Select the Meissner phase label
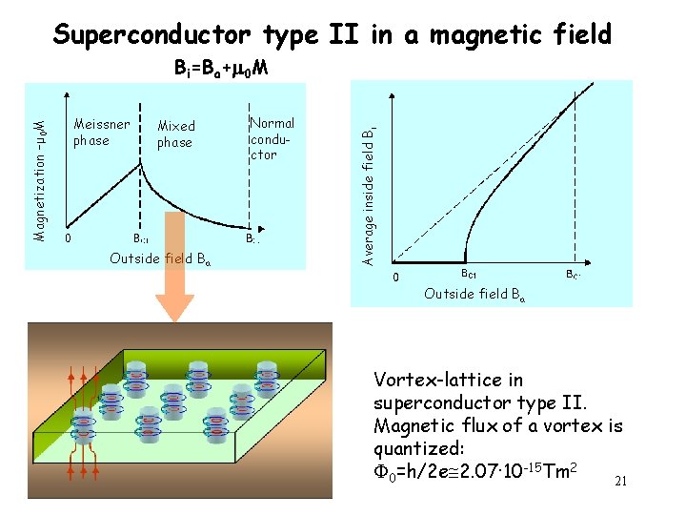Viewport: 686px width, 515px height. (101, 133)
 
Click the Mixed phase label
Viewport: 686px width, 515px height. (175, 134)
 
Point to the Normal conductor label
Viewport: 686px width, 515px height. (272, 138)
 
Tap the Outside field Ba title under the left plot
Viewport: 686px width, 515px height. (160, 258)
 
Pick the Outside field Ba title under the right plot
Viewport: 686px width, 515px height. (474, 293)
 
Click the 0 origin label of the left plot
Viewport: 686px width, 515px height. (67, 238)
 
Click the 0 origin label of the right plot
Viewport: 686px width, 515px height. (398, 278)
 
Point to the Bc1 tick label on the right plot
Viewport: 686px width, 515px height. (469, 274)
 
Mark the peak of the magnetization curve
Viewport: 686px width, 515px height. (141, 157)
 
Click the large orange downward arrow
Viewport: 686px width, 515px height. (175, 277)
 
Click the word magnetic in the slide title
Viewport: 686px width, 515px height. (487, 35)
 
